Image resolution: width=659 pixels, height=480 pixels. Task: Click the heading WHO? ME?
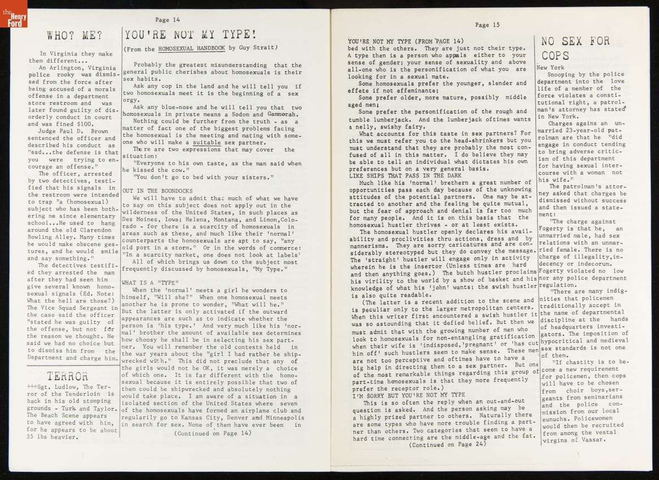pos(74,36)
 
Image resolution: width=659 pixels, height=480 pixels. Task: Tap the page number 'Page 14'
pos(167,19)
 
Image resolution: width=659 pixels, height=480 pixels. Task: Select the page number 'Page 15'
pos(487,25)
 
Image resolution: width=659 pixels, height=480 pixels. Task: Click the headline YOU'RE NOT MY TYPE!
pos(190,35)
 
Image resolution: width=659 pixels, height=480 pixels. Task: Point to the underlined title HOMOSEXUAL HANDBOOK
pos(191,48)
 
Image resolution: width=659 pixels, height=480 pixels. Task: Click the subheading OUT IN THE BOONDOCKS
pos(155,190)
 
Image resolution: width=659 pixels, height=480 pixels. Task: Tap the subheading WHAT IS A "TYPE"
pos(146,282)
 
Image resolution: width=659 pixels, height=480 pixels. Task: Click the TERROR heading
pos(67,376)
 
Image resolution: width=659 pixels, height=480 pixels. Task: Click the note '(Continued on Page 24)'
pos(448,445)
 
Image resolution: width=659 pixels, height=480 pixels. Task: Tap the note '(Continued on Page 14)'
pos(213,433)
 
